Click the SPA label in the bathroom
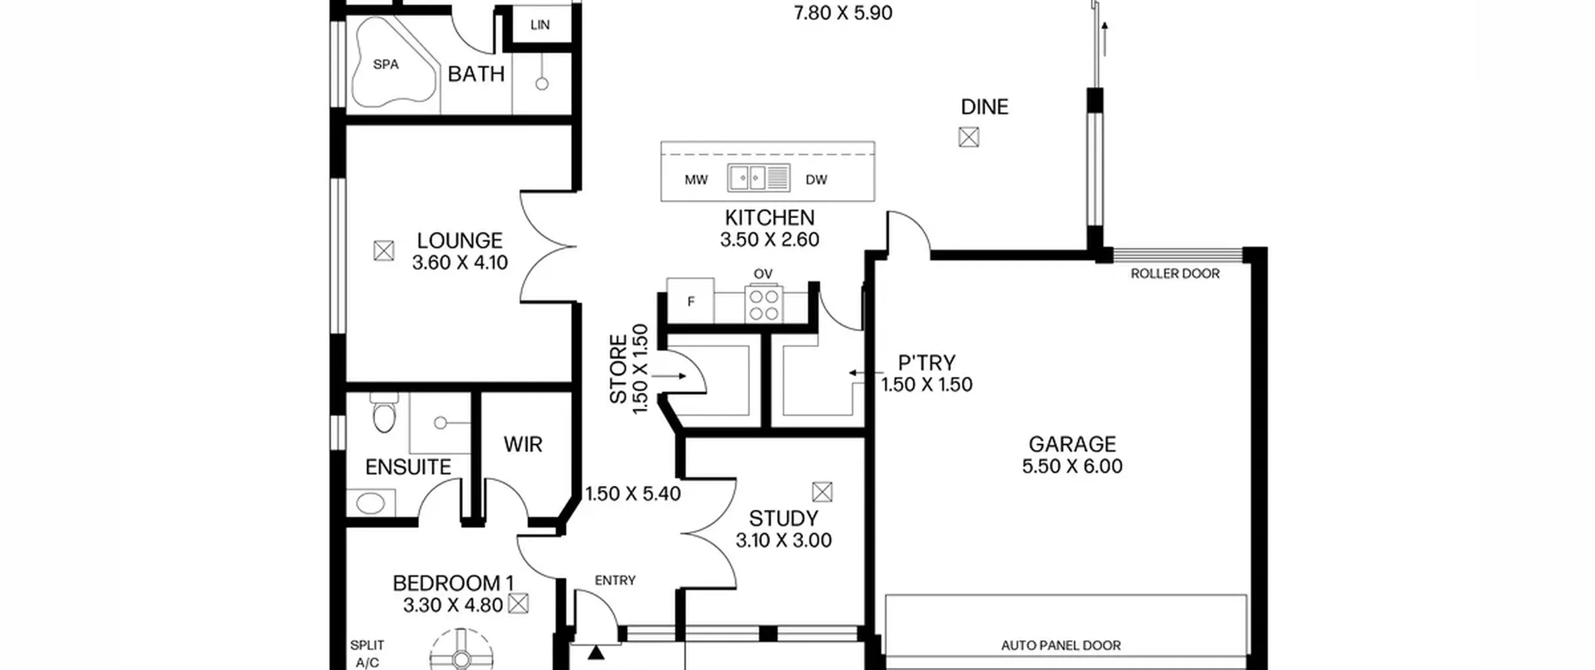[386, 64]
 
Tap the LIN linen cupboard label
[540, 25]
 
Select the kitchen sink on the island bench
[759, 178]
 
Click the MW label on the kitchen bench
[696, 180]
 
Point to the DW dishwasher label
[816, 180]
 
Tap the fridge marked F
[690, 301]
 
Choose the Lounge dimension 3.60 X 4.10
[460, 262]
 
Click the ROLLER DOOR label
[1175, 274]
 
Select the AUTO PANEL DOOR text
[1061, 646]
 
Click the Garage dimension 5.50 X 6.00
[1072, 466]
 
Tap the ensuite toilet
[383, 412]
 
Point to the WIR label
[523, 444]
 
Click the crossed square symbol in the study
[822, 492]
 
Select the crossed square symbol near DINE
[969, 137]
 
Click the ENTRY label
[615, 580]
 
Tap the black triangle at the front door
[596, 653]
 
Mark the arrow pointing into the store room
[669, 376]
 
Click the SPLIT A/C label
[367, 654]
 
